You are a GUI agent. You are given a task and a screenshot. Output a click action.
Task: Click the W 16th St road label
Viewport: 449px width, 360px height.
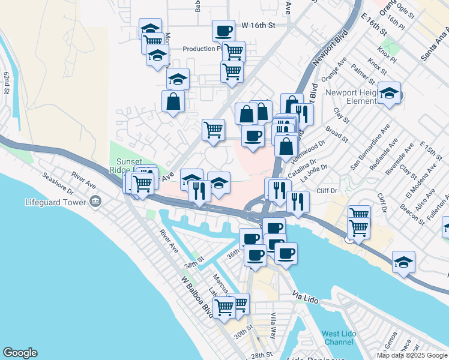(x=258, y=26)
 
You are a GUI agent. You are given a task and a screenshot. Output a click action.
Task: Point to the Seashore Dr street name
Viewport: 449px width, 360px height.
(x=57, y=184)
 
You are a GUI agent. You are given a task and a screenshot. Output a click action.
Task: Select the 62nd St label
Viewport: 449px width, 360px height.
(x=7, y=83)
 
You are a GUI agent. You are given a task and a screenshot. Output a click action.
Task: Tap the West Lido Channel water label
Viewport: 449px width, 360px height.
(x=337, y=338)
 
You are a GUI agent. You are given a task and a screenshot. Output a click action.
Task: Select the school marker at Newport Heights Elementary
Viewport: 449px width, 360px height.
(x=389, y=92)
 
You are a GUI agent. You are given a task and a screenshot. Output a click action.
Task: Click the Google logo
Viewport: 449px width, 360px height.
(x=20, y=353)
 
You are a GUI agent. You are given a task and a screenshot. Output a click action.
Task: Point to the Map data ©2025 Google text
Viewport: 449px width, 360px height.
(x=411, y=355)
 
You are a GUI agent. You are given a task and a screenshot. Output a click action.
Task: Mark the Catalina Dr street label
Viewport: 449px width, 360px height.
(x=302, y=166)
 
